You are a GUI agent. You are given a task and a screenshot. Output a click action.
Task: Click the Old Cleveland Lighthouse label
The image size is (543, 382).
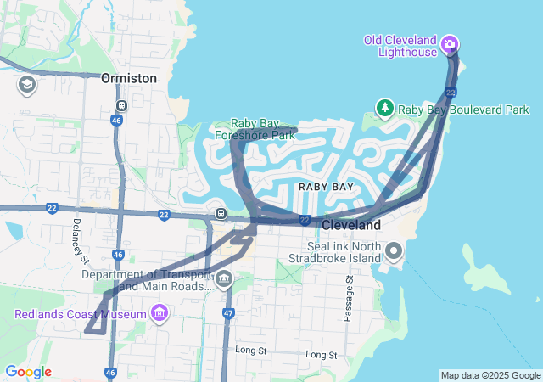(x=400, y=47)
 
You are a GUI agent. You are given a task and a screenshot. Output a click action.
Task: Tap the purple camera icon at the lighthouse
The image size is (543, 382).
(x=450, y=44)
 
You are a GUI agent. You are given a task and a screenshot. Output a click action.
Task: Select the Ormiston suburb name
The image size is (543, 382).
(x=129, y=77)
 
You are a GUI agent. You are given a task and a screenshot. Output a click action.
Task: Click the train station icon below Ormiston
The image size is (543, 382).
(x=122, y=105)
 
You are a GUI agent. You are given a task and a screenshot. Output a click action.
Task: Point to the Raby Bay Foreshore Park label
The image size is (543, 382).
(x=266, y=129)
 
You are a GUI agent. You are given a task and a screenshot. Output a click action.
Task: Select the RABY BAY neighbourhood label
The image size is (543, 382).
(x=326, y=186)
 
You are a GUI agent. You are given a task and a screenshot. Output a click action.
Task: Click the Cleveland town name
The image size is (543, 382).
(x=350, y=225)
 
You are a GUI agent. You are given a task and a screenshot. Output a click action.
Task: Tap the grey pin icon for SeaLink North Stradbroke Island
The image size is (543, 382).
(x=394, y=250)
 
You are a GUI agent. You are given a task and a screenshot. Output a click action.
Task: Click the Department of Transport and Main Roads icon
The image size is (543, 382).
(x=224, y=278)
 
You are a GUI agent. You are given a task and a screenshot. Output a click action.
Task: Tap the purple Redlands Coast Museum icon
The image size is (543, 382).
(x=158, y=315)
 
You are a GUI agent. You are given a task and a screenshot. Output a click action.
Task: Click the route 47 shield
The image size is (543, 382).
(x=228, y=313)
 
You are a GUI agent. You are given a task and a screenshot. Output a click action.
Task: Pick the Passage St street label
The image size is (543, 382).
(x=348, y=297)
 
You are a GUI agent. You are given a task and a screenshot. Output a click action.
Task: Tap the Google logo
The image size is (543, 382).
(x=28, y=372)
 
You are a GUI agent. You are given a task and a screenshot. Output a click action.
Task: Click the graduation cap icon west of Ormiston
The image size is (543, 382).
(x=26, y=85)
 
